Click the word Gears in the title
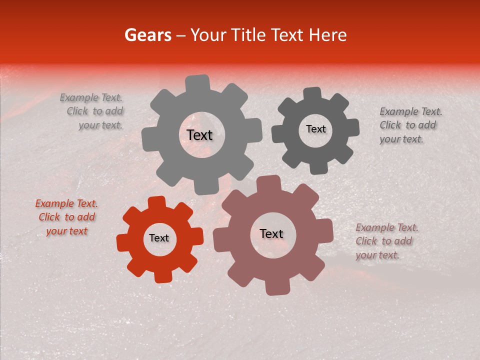(147, 35)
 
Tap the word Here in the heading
(328, 35)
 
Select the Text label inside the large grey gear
(199, 135)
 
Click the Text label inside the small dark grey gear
(315, 129)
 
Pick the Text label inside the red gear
(159, 238)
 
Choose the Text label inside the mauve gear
(271, 233)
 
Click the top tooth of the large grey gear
(197, 83)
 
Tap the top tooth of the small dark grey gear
(312, 94)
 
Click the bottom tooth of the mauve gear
(276, 287)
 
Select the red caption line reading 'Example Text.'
(66, 203)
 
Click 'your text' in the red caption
(66, 231)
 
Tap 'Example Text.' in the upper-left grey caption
(91, 97)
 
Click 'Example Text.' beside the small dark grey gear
(411, 111)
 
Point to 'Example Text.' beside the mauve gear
(387, 227)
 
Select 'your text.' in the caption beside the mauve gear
(377, 255)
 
